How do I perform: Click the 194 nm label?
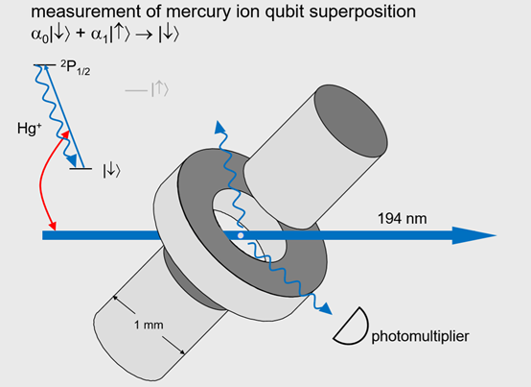[x=402, y=219]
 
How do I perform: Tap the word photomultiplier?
[x=420, y=336]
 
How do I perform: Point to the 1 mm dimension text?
[x=149, y=325]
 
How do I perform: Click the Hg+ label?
[x=30, y=129]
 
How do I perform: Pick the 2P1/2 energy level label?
[x=75, y=67]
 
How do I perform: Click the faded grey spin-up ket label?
[x=160, y=89]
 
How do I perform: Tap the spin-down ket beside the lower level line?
[x=112, y=171]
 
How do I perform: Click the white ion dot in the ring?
[x=241, y=235]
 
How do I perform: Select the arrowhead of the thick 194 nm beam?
[x=474, y=235]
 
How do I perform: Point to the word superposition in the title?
[x=362, y=12]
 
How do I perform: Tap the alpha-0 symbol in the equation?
[x=39, y=36]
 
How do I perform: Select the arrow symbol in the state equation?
[x=144, y=35]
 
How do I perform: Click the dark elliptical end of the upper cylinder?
[x=351, y=121]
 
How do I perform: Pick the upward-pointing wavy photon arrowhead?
[x=219, y=127]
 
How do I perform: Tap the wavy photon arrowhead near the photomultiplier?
[x=326, y=308]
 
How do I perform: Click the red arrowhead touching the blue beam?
[x=53, y=226]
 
